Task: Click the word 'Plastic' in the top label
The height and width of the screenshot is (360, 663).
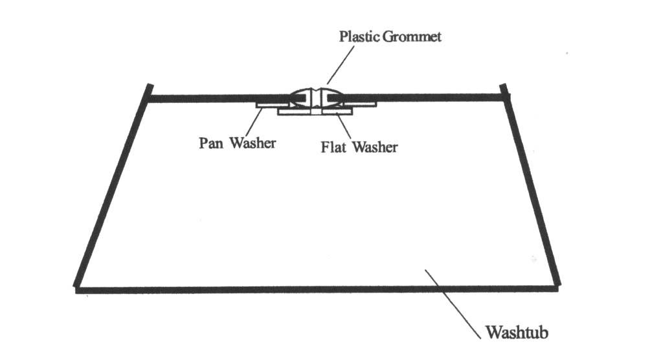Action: (359, 36)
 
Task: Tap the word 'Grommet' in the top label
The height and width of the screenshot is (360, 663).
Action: (412, 36)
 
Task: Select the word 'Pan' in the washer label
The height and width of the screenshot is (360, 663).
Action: (211, 143)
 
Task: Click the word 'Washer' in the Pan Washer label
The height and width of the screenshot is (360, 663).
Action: (253, 143)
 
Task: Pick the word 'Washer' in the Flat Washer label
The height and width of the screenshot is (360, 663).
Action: (375, 147)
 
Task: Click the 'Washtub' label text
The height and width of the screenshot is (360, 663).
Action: (517, 332)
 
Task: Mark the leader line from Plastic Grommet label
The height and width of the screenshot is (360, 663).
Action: (341, 65)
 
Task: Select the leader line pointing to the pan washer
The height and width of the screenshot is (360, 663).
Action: (254, 122)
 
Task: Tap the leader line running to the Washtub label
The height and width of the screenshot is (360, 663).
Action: (453, 304)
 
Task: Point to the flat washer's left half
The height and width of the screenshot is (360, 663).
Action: (295, 112)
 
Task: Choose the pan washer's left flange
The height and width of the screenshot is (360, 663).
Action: (273, 104)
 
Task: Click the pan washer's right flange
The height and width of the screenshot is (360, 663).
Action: (359, 104)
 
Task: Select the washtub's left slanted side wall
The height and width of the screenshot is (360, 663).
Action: (113, 185)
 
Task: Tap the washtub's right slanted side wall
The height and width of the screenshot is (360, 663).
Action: (530, 185)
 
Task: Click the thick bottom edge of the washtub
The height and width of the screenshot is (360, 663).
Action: (316, 289)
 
